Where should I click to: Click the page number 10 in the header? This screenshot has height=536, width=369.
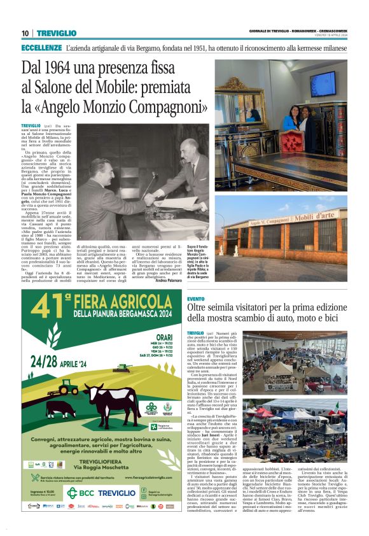25,33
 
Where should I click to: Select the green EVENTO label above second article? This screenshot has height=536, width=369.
195,299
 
